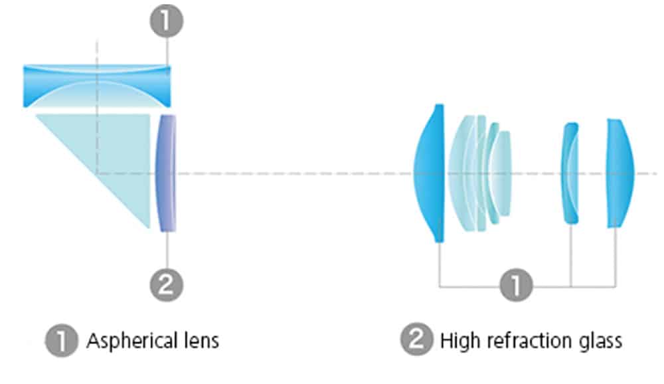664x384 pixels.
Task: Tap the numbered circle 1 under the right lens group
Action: click(516, 286)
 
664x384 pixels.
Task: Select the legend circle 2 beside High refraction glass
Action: click(416, 341)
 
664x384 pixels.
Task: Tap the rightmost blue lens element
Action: click(620, 173)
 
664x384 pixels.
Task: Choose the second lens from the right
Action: click(570, 173)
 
